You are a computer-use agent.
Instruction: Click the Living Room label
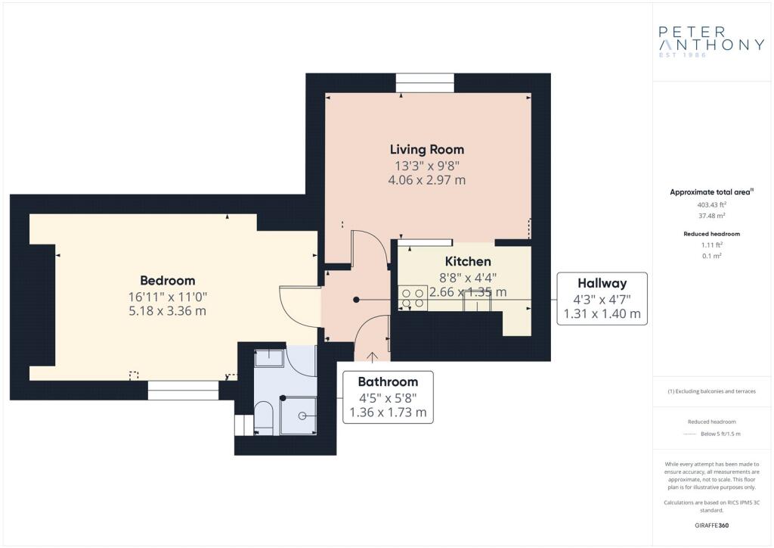427,149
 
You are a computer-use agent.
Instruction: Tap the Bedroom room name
167,280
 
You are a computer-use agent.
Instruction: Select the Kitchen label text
468,261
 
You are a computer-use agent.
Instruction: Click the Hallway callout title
602,283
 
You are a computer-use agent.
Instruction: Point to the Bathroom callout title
388,381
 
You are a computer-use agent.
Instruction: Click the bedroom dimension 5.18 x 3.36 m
167,311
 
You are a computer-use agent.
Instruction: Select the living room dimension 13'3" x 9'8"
427,165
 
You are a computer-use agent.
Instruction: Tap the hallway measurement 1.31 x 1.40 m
602,313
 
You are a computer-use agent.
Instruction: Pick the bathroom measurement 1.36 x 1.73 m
388,412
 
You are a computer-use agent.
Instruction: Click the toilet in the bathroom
264,418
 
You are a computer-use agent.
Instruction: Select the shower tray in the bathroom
298,416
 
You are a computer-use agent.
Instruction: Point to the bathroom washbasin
269,358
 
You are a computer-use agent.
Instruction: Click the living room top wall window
425,83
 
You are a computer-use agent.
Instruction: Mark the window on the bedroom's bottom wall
183,390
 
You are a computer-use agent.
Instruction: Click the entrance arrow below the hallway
372,357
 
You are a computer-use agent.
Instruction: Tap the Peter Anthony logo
711,42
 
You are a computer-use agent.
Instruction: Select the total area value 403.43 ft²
711,204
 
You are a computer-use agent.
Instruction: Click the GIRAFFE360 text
711,525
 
